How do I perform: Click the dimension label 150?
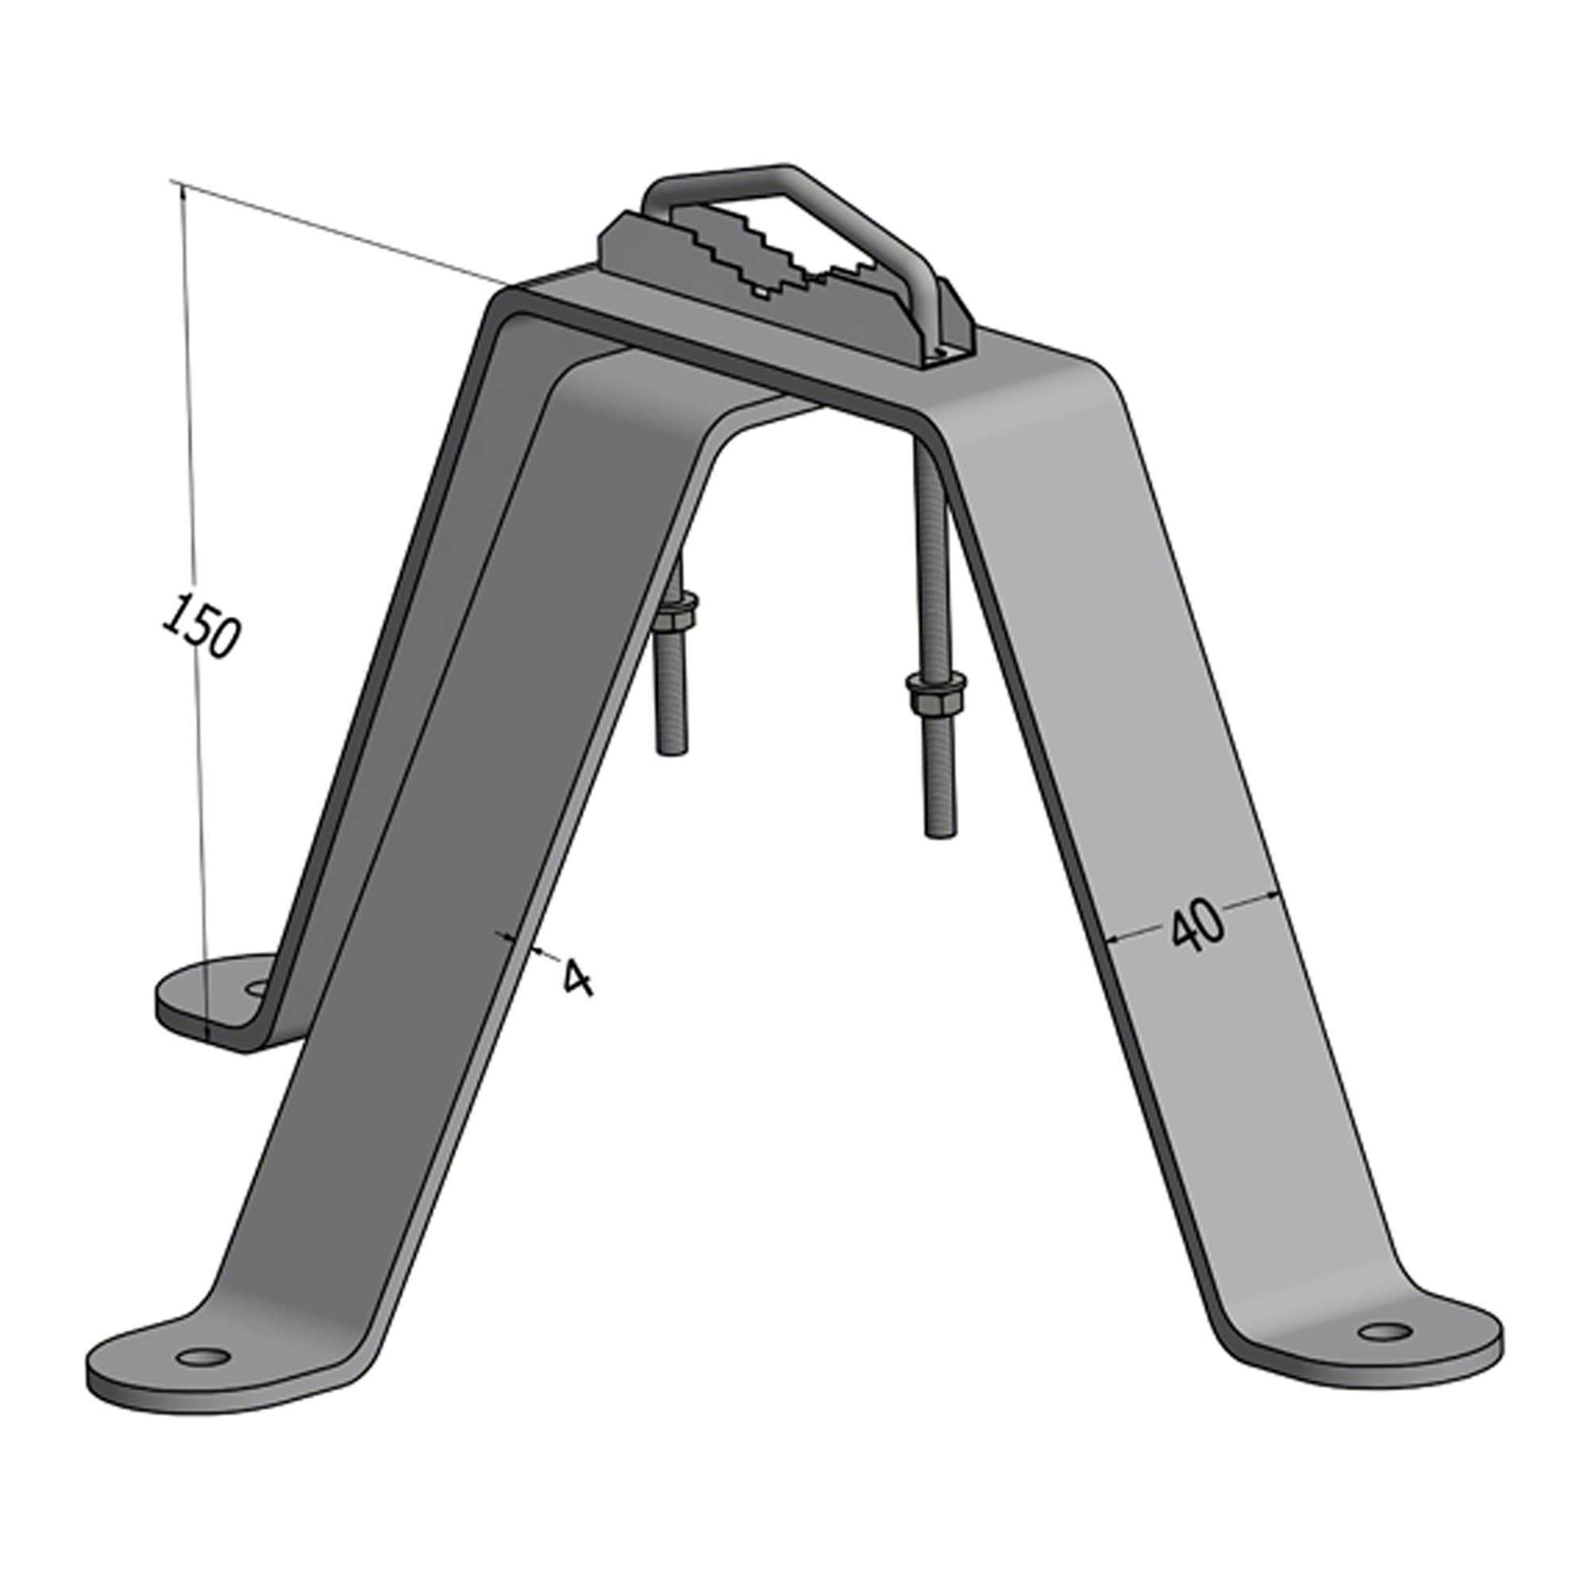click(x=201, y=625)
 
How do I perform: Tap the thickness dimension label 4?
click(x=578, y=977)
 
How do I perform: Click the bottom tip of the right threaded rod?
click(x=940, y=836)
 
